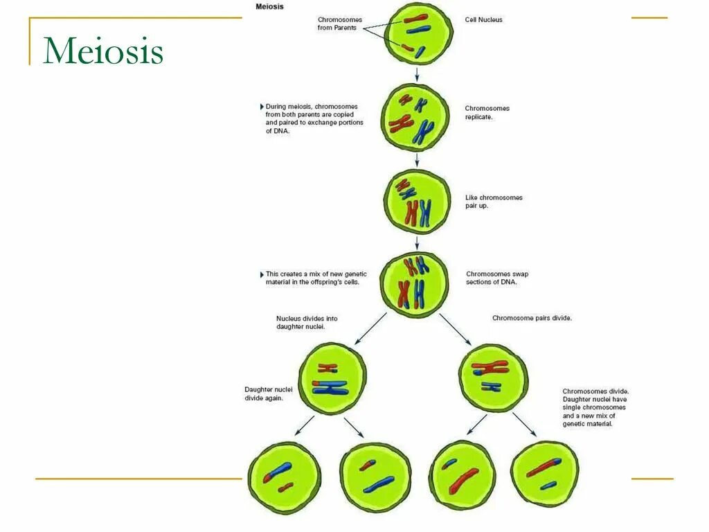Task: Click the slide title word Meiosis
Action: coord(103,52)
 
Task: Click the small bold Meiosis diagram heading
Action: coord(270,6)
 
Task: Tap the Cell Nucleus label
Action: coord(483,20)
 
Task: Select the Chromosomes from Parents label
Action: coord(339,24)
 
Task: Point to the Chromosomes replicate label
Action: coord(487,113)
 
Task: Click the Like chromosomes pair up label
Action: coord(494,202)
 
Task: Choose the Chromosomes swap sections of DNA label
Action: coord(496,278)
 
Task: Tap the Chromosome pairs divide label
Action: coord(532,318)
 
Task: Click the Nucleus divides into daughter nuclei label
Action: coord(307,323)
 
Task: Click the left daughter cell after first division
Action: coord(332,378)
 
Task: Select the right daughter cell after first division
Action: coord(493,378)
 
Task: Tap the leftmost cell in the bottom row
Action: coord(284,477)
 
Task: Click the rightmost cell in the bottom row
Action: coord(544,474)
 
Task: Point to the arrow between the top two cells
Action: coord(417,73)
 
